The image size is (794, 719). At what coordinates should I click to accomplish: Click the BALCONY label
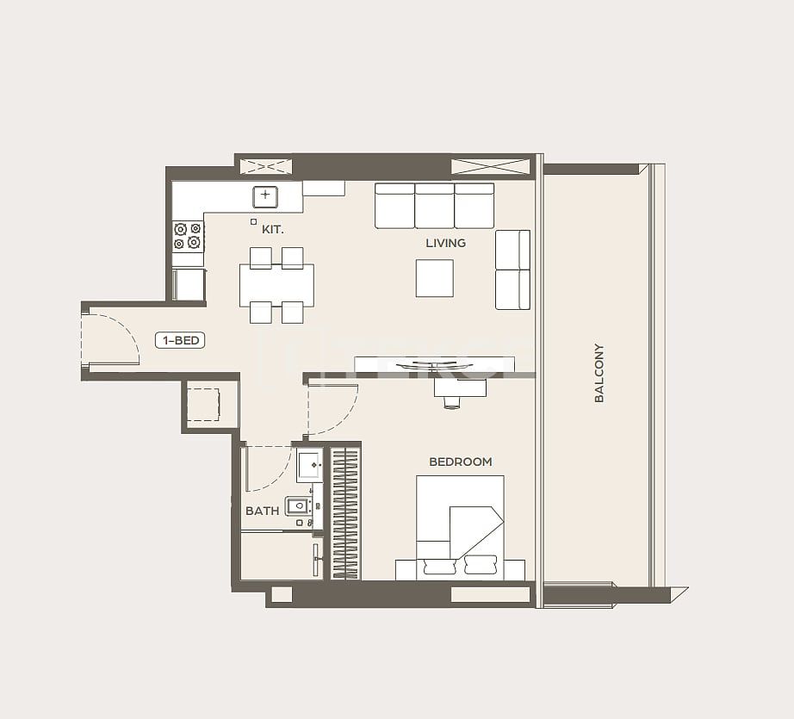tap(599, 373)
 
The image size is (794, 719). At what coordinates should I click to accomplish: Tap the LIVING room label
tap(445, 243)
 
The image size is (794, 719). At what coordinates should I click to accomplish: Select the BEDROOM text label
tap(460, 462)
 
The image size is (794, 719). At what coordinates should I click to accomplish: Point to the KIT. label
tap(272, 230)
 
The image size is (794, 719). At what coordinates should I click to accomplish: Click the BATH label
tap(262, 511)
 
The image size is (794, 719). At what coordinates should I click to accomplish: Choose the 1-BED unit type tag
tap(180, 340)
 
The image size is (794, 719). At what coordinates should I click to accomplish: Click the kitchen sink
tap(265, 196)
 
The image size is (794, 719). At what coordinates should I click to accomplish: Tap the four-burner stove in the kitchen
tap(188, 236)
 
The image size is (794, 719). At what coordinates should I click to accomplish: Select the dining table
tap(276, 285)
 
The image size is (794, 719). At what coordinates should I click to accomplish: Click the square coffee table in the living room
tap(434, 277)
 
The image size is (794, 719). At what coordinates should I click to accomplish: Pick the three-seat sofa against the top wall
tap(434, 205)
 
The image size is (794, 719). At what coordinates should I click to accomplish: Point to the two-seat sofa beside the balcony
tap(512, 270)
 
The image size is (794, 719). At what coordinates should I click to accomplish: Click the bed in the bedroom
tap(460, 525)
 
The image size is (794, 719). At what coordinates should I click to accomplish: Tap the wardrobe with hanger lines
tap(344, 512)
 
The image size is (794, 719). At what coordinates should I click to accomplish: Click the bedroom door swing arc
tap(332, 410)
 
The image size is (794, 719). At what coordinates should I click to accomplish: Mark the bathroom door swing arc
tap(267, 468)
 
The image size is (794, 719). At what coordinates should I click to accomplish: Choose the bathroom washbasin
tap(309, 465)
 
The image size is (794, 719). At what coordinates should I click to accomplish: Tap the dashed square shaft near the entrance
tap(203, 404)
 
